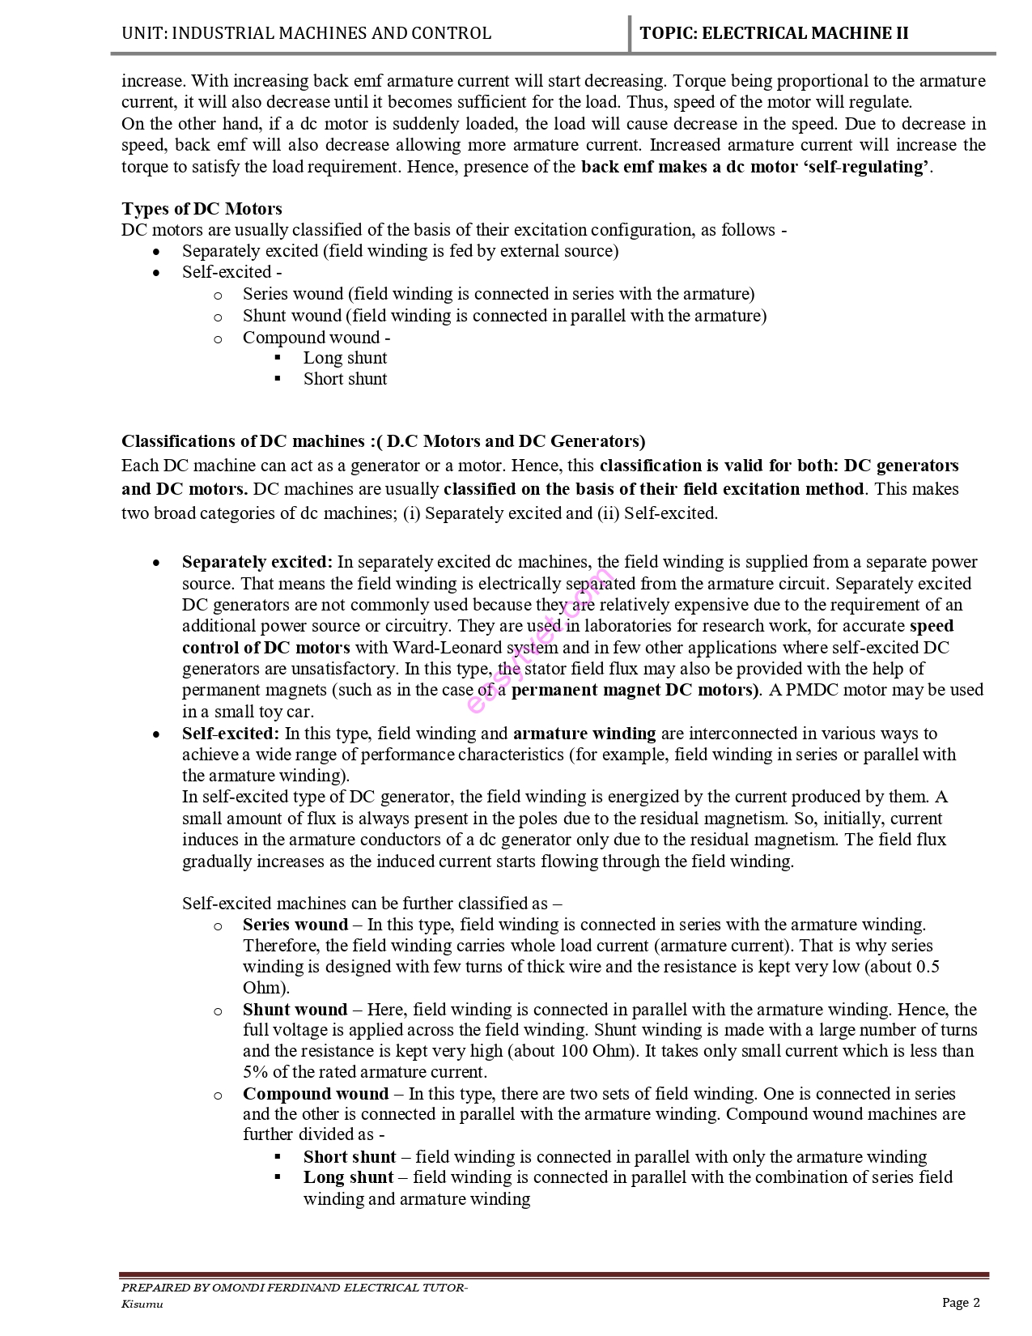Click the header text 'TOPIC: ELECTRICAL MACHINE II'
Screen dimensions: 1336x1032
[774, 33]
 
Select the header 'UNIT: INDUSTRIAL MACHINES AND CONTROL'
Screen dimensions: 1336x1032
[306, 33]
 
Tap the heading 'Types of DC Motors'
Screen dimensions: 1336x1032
[202, 209]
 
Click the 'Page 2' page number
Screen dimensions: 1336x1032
[961, 1302]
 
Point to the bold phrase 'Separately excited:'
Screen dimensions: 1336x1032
[257, 562]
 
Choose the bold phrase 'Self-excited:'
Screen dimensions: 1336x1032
[231, 734]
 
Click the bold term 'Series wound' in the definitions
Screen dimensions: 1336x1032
[295, 925]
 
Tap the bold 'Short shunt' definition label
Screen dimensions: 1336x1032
[350, 1157]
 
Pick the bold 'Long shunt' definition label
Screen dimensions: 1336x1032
[348, 1177]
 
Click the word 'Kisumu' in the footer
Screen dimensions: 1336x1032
[142, 1304]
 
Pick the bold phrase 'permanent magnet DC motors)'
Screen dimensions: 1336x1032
[635, 690]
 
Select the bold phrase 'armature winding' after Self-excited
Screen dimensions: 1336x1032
[584, 734]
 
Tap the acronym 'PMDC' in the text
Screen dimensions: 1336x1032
[811, 690]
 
